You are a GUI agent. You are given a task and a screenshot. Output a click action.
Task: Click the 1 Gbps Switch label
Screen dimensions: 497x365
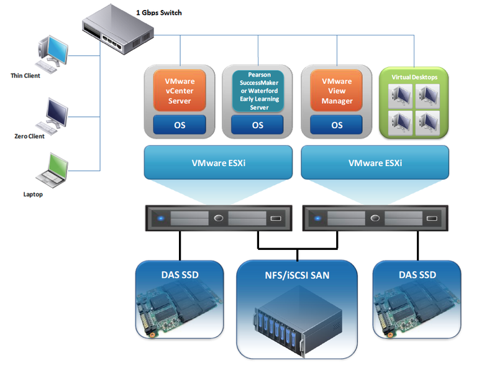pyautogui.click(x=159, y=12)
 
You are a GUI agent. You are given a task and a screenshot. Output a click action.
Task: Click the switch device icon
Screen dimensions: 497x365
pyautogui.click(x=118, y=29)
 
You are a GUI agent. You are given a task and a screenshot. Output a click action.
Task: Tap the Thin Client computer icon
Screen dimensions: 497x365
pyautogui.click(x=53, y=54)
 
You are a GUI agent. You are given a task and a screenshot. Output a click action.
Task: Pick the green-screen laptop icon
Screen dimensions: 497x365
pyautogui.click(x=52, y=170)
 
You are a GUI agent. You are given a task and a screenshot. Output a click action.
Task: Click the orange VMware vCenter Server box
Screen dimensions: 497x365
pyautogui.click(x=180, y=91)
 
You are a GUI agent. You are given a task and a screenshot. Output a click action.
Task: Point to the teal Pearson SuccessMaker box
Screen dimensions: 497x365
pyautogui.click(x=258, y=91)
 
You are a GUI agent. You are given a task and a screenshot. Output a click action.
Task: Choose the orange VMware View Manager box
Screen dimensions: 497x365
pyautogui.click(x=337, y=91)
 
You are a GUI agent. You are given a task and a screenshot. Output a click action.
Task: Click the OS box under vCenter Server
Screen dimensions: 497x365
pyautogui.click(x=180, y=124)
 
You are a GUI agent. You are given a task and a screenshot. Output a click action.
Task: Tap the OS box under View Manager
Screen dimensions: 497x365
pyautogui.click(x=337, y=124)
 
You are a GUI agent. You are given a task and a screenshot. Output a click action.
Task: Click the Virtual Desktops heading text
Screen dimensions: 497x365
pyautogui.click(x=414, y=77)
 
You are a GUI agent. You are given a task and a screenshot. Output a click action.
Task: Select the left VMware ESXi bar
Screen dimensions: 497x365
pyautogui.click(x=219, y=162)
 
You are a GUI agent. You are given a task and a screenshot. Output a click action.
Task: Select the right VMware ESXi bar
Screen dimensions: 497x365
pyautogui.click(x=375, y=162)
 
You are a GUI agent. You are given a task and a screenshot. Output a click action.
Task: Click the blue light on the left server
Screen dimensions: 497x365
pyautogui.click(x=161, y=218)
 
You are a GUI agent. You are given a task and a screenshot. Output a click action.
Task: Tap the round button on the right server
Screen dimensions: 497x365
pyautogui.click(x=375, y=218)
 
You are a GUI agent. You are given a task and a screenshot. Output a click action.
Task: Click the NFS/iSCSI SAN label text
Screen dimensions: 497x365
pyautogui.click(x=297, y=275)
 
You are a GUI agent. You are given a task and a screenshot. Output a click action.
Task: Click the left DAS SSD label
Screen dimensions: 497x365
pyautogui.click(x=180, y=275)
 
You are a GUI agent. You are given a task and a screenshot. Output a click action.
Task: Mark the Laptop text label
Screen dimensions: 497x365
pyautogui.click(x=33, y=195)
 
